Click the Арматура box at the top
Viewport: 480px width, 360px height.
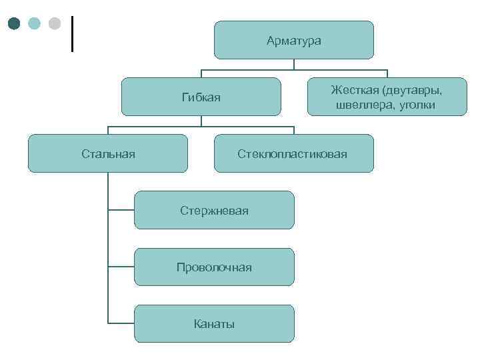tap(293, 41)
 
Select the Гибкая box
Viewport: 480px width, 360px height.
tap(201, 97)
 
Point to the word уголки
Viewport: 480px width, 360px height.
tap(417, 105)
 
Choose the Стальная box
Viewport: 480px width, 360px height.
tap(108, 154)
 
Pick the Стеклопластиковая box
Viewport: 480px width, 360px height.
tap(293, 154)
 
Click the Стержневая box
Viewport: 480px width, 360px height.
tap(214, 211)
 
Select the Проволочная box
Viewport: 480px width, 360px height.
tap(214, 267)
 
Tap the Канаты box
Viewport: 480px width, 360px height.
tap(214, 324)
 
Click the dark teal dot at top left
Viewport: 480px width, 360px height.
tap(15, 24)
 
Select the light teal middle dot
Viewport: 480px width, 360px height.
tap(35, 24)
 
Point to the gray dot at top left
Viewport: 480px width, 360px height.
tap(55, 24)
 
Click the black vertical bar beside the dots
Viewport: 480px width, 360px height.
tap(71, 33)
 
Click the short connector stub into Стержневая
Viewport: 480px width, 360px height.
tap(121, 211)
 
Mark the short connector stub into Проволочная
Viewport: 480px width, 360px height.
tap(121, 267)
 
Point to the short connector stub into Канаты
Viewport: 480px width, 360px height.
tap(121, 324)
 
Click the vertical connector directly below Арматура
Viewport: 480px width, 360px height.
tap(293, 65)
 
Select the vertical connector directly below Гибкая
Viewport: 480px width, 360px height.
tap(201, 121)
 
